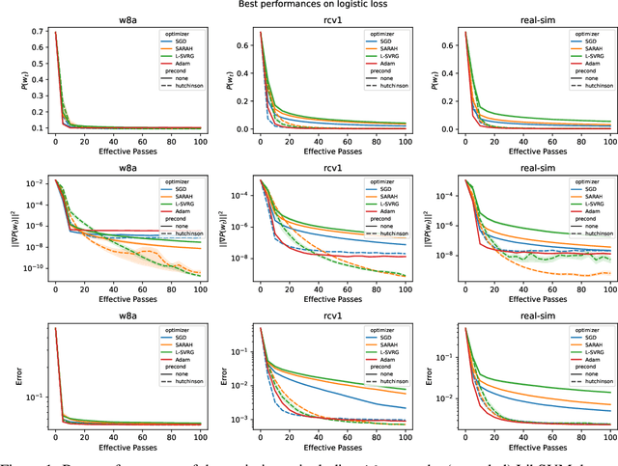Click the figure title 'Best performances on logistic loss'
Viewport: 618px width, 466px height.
(x=308, y=6)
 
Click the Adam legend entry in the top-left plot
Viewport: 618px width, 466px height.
(x=182, y=64)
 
